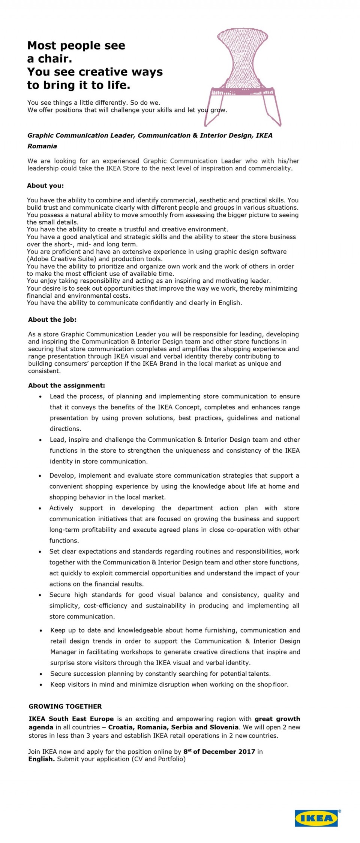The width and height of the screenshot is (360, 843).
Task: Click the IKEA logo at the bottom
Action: coord(316,818)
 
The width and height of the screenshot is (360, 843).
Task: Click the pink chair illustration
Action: coord(243,75)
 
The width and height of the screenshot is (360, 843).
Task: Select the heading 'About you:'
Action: coord(45,186)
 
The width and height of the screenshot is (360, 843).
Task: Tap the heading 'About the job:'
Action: coord(52,319)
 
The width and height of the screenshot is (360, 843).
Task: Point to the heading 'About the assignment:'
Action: coord(66,385)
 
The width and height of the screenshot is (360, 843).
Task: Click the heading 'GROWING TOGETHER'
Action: coord(65,706)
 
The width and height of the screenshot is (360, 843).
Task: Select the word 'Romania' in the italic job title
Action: coord(42,146)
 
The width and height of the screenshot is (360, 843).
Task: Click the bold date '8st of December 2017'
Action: coord(219,751)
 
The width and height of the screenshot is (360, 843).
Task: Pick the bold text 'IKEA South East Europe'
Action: coord(71,719)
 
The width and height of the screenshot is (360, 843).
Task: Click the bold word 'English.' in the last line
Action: coord(42,759)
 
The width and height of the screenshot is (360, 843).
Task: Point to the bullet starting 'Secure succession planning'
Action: coord(160,673)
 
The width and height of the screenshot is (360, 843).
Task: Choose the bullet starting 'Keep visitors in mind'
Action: coord(169,684)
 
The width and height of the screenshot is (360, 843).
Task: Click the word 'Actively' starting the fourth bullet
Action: coord(61,508)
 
